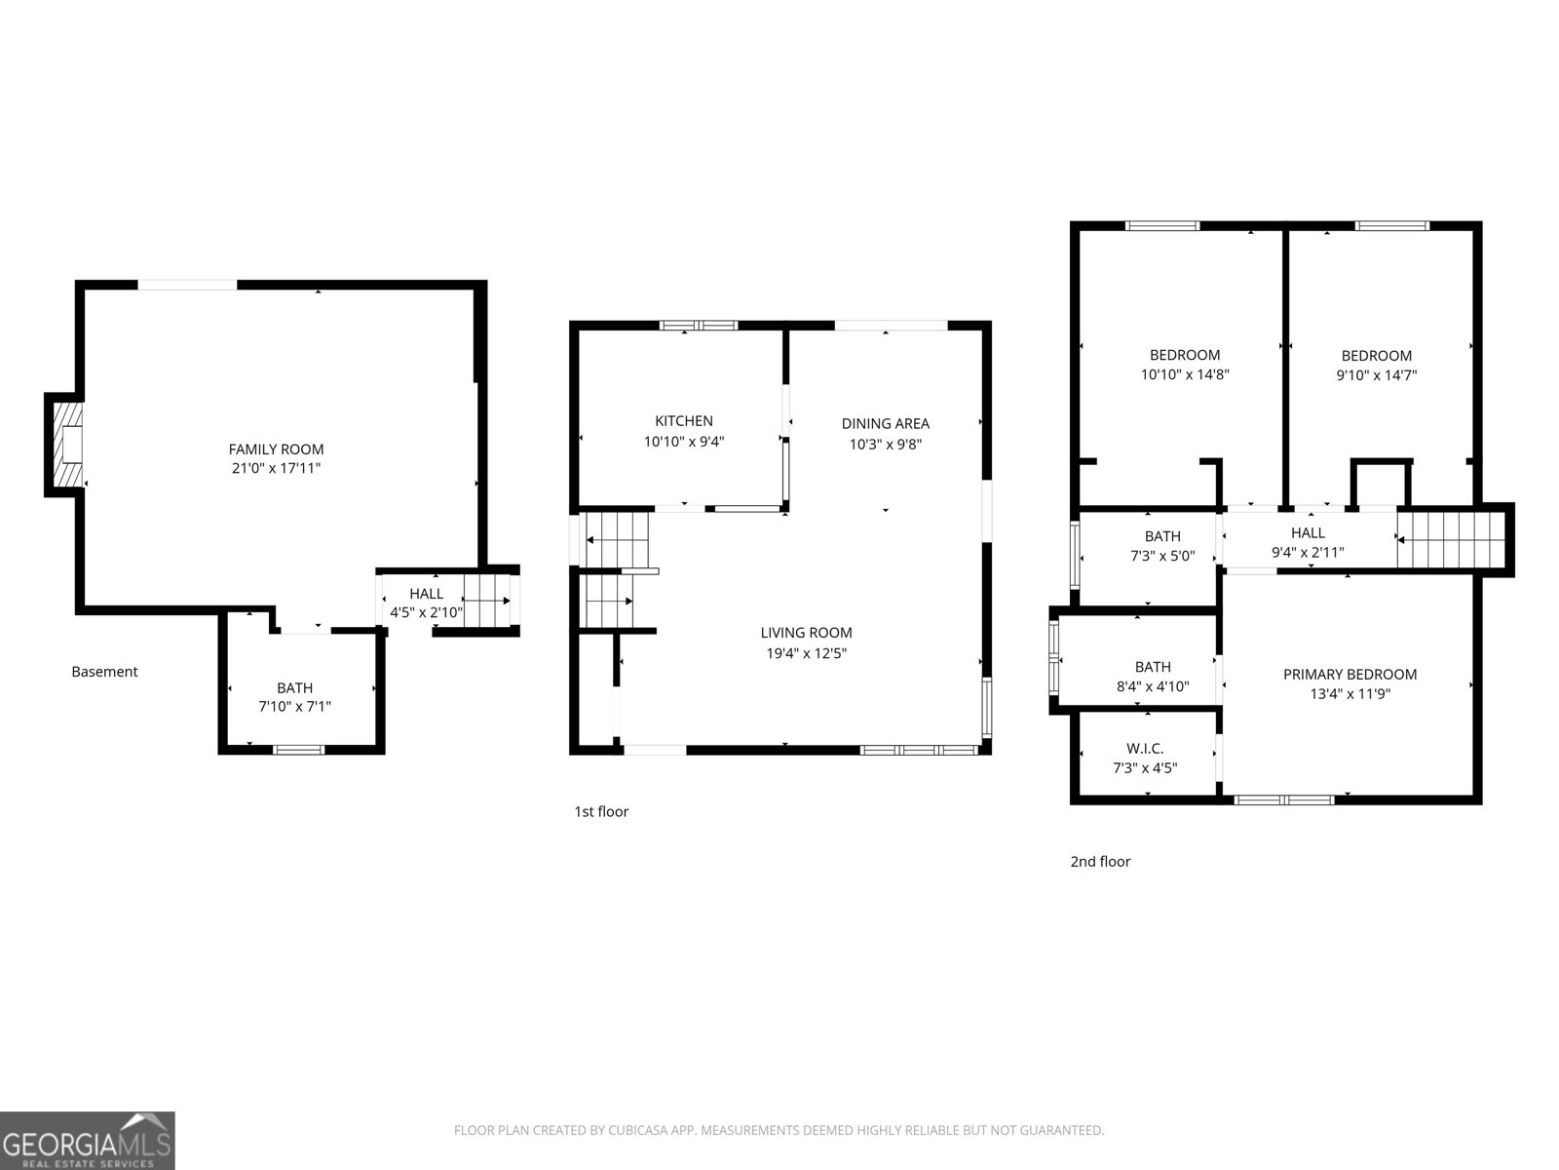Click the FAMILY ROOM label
coord(276,449)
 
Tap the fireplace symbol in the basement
coord(66,445)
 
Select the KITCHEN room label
coord(683,421)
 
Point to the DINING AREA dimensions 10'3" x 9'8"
coord(885,445)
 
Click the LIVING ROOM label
coord(806,633)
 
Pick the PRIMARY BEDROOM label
coord(1349,675)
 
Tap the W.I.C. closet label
coord(1145,749)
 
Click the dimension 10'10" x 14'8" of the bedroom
coord(1185,374)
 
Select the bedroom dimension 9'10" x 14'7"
coord(1376,375)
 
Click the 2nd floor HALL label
coord(1308,532)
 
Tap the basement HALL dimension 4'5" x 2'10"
coord(426,613)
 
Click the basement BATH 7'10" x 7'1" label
coord(294,688)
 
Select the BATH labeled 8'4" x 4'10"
coord(1153,667)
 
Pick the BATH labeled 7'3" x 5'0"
coord(1162,536)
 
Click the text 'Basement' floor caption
coord(104,672)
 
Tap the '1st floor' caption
coord(601,811)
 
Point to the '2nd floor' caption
coord(1100,862)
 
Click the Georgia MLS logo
coord(87,1140)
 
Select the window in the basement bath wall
coord(298,750)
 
